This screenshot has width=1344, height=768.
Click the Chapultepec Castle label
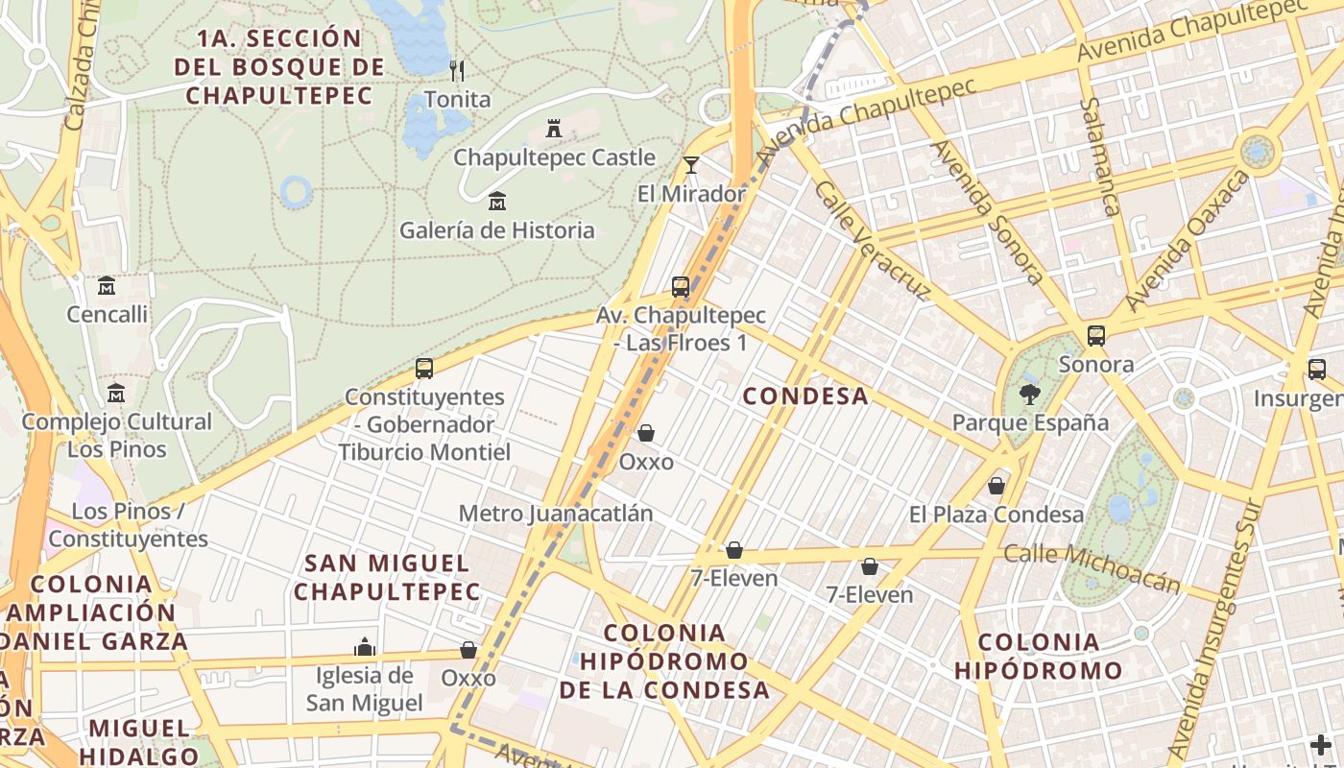(x=554, y=157)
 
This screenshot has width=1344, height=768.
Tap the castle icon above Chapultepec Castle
(x=554, y=128)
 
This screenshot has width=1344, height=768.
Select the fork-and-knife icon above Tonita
(x=457, y=70)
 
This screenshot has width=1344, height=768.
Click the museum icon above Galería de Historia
(x=497, y=202)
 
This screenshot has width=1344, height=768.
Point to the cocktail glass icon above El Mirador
(x=691, y=165)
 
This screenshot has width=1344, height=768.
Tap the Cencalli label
(x=108, y=314)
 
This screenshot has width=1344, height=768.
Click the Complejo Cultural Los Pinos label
(x=117, y=435)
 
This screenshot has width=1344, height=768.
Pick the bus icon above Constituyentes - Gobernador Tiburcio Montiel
(x=423, y=368)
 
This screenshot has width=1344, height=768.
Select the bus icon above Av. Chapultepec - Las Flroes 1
(x=681, y=286)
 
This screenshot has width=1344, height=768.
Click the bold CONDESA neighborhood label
(x=805, y=396)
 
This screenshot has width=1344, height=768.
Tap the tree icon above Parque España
(x=1030, y=394)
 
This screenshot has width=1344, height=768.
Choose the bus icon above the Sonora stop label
(x=1096, y=336)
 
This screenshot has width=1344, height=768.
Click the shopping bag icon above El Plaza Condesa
(x=996, y=486)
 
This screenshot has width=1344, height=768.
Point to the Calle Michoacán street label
(x=1092, y=567)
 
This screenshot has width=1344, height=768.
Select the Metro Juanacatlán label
(x=556, y=514)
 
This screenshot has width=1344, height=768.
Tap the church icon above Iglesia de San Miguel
(x=364, y=647)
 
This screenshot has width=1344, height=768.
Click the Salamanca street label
(x=1100, y=156)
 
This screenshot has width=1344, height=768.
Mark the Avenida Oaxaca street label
(x=1188, y=241)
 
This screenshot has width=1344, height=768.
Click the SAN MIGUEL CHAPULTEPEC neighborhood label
(x=387, y=577)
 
